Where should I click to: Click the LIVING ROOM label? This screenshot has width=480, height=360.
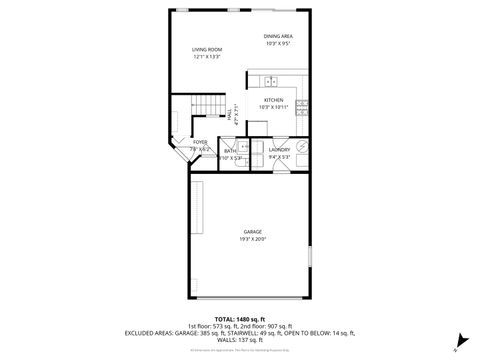tap(207, 49)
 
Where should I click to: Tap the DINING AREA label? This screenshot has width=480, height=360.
tap(278, 36)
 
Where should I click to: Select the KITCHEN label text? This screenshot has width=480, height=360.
tap(273, 100)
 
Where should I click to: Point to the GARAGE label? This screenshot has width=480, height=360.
tap(252, 231)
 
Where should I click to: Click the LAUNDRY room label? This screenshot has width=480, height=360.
tap(279, 150)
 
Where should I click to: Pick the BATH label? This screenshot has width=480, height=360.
tap(230, 151)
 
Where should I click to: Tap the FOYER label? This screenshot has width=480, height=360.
tap(200, 142)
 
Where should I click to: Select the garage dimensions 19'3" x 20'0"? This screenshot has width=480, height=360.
tap(252, 239)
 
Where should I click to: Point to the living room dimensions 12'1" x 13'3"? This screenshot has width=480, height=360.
tap(207, 57)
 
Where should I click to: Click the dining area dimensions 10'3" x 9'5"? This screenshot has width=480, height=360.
tap(278, 44)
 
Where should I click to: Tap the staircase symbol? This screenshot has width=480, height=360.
tap(204, 108)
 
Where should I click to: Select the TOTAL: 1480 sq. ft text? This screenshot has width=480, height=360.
tap(239, 317)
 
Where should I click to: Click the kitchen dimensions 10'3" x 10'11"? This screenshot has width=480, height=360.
tap(273, 108)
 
